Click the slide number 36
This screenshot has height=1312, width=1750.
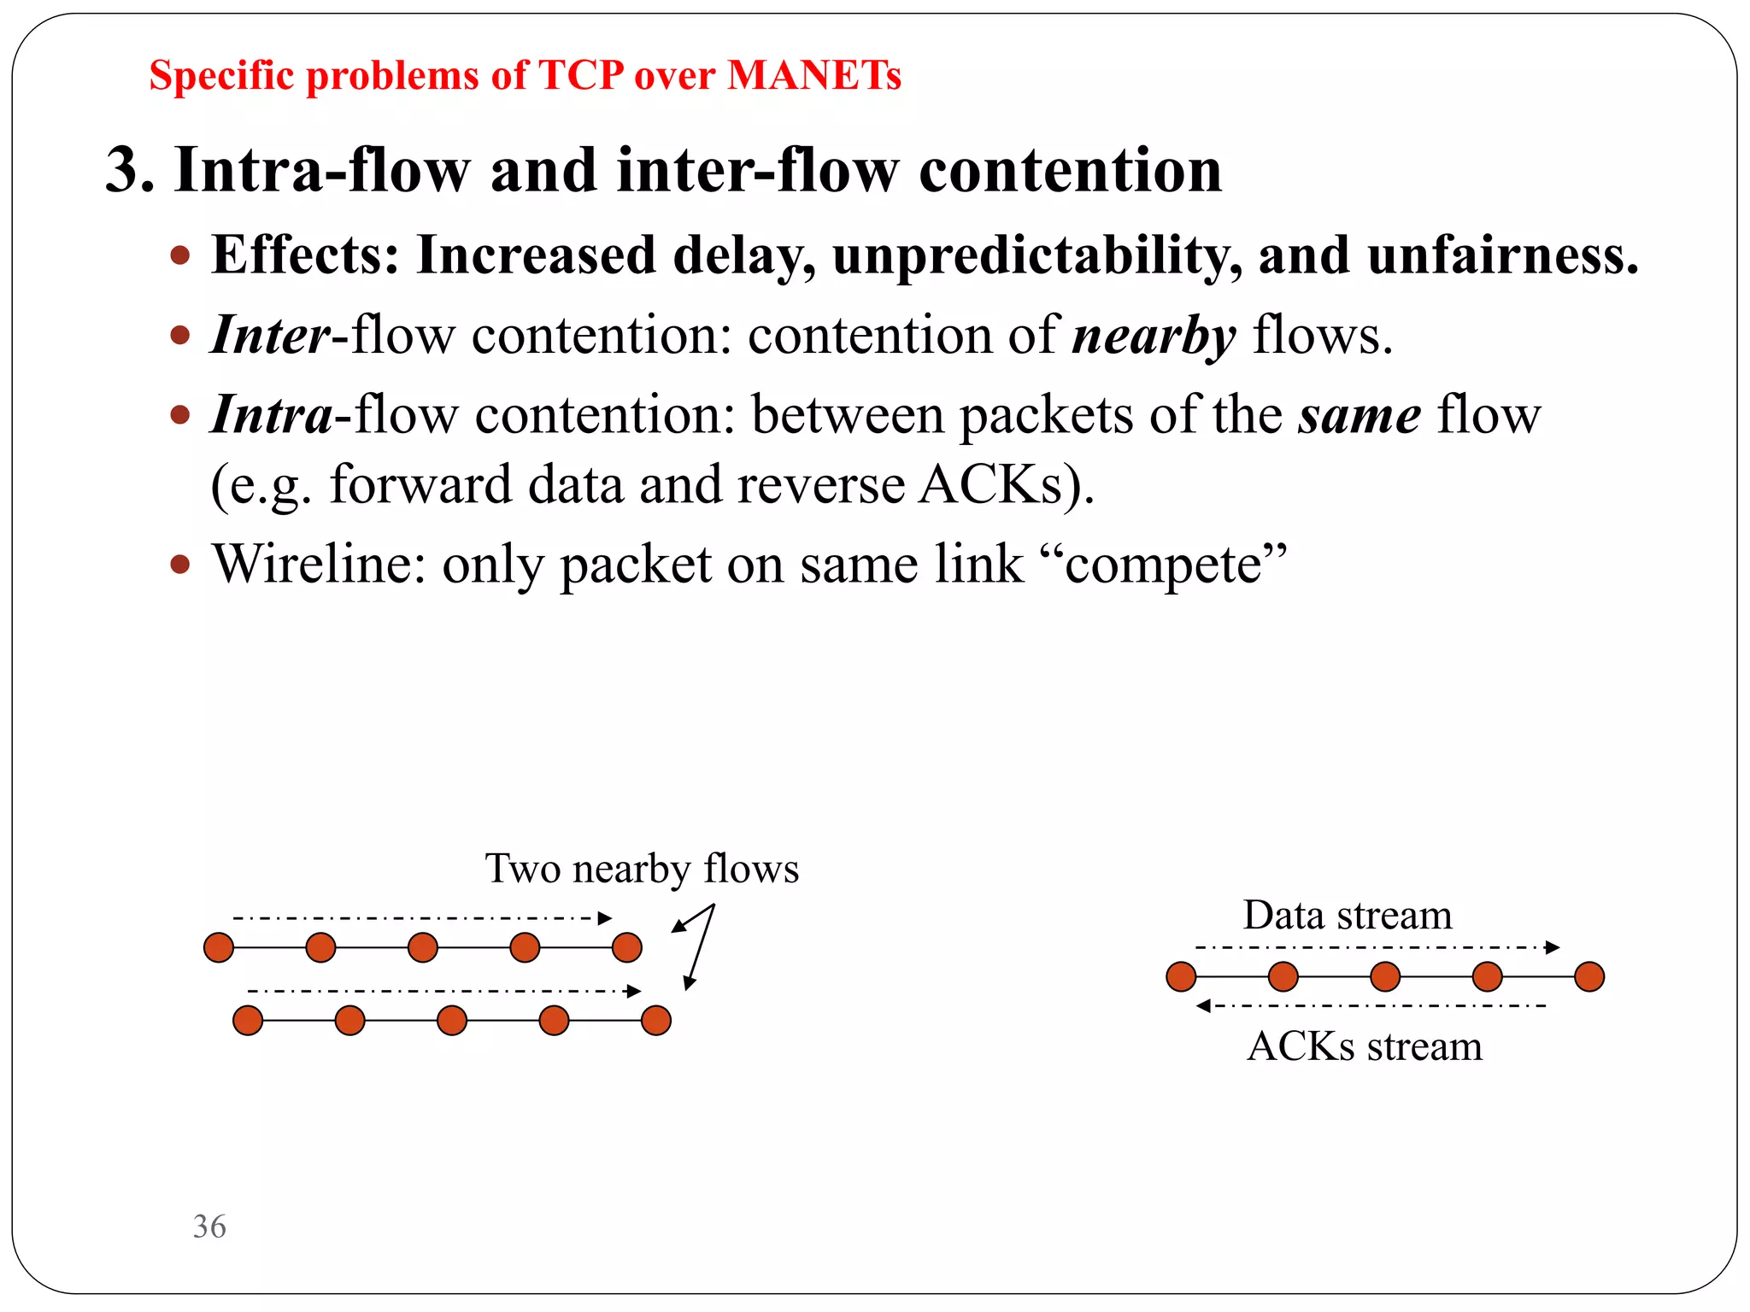tap(209, 1227)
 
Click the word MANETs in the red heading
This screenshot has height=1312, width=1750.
tap(813, 75)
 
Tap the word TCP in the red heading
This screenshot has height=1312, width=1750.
tap(581, 75)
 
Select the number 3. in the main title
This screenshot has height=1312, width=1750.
tap(130, 170)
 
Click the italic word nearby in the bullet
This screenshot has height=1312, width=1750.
tap(1154, 336)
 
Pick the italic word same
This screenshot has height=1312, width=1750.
tap(1359, 416)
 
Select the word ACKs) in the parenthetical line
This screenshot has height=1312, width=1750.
tap(1006, 485)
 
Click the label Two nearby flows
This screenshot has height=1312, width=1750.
tap(642, 869)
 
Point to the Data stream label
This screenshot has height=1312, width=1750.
tap(1347, 916)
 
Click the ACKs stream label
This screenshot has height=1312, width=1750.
tap(1365, 1046)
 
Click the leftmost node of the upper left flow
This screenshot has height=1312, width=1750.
tap(219, 947)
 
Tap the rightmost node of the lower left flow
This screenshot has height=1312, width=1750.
tap(655, 1020)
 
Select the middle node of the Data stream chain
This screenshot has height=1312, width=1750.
tap(1385, 976)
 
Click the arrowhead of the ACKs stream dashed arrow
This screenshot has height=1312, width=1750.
tap(1203, 1005)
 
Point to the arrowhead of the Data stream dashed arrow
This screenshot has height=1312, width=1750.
tap(1553, 947)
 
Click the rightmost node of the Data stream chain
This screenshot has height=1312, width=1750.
tap(1589, 976)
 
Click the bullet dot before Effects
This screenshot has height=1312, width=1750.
tap(179, 255)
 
